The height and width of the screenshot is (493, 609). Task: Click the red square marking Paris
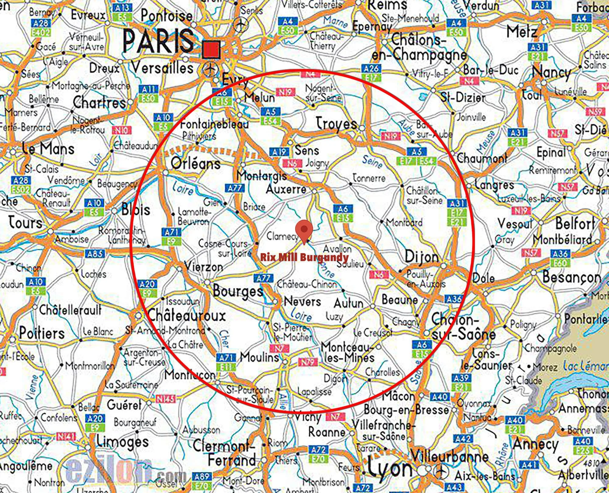(211, 49)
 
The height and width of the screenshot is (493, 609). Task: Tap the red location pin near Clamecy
(304, 230)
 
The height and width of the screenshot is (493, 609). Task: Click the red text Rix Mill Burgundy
(304, 257)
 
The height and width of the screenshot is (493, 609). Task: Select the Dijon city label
(421, 257)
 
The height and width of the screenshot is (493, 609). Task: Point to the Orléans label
(195, 163)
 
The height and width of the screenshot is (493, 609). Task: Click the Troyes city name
(336, 123)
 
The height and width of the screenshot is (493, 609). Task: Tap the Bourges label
(238, 291)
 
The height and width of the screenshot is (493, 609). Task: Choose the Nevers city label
(302, 302)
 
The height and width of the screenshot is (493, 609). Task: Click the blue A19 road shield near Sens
(278, 151)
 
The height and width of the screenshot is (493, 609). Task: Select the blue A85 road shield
(95, 253)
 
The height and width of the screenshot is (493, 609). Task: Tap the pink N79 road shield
(308, 362)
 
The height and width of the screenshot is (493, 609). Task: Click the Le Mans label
(48, 149)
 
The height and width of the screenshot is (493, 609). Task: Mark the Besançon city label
(572, 277)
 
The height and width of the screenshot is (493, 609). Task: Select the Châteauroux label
(186, 316)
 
